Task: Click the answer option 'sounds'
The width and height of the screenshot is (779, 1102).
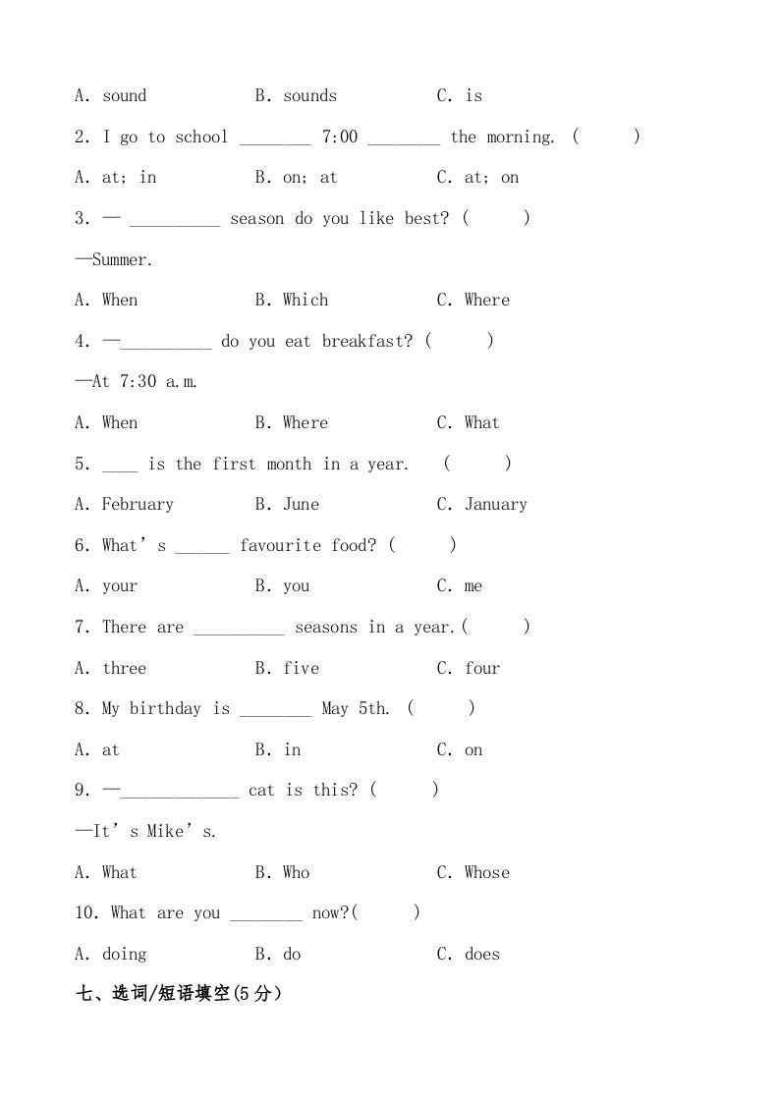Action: pyautogui.click(x=309, y=95)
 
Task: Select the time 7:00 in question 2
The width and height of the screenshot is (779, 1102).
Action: pyautogui.click(x=340, y=137)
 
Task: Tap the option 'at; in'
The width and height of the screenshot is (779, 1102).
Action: pyautogui.click(x=129, y=177)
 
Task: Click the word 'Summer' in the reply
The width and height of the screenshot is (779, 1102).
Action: pyautogui.click(x=121, y=259)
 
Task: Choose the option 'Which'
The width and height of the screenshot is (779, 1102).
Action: pyautogui.click(x=306, y=300)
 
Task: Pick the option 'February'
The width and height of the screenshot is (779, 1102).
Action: pyautogui.click(x=138, y=504)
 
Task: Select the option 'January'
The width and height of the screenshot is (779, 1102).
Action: pyautogui.click(x=496, y=504)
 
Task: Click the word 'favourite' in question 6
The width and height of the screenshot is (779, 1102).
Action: pyautogui.click(x=280, y=545)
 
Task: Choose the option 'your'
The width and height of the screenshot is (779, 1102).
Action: pyautogui.click(x=120, y=586)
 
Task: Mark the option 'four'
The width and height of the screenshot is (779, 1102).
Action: pyautogui.click(x=482, y=668)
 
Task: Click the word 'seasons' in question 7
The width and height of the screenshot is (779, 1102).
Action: pyautogui.click(x=326, y=627)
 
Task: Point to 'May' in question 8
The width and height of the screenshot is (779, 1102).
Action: pyautogui.click(x=335, y=708)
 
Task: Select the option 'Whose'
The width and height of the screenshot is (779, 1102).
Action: pyautogui.click(x=487, y=872)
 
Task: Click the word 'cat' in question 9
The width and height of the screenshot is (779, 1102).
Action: pyautogui.click(x=261, y=790)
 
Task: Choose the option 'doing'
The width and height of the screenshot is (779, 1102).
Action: pyautogui.click(x=124, y=954)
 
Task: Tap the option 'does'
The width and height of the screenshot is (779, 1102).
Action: pyautogui.click(x=482, y=954)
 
